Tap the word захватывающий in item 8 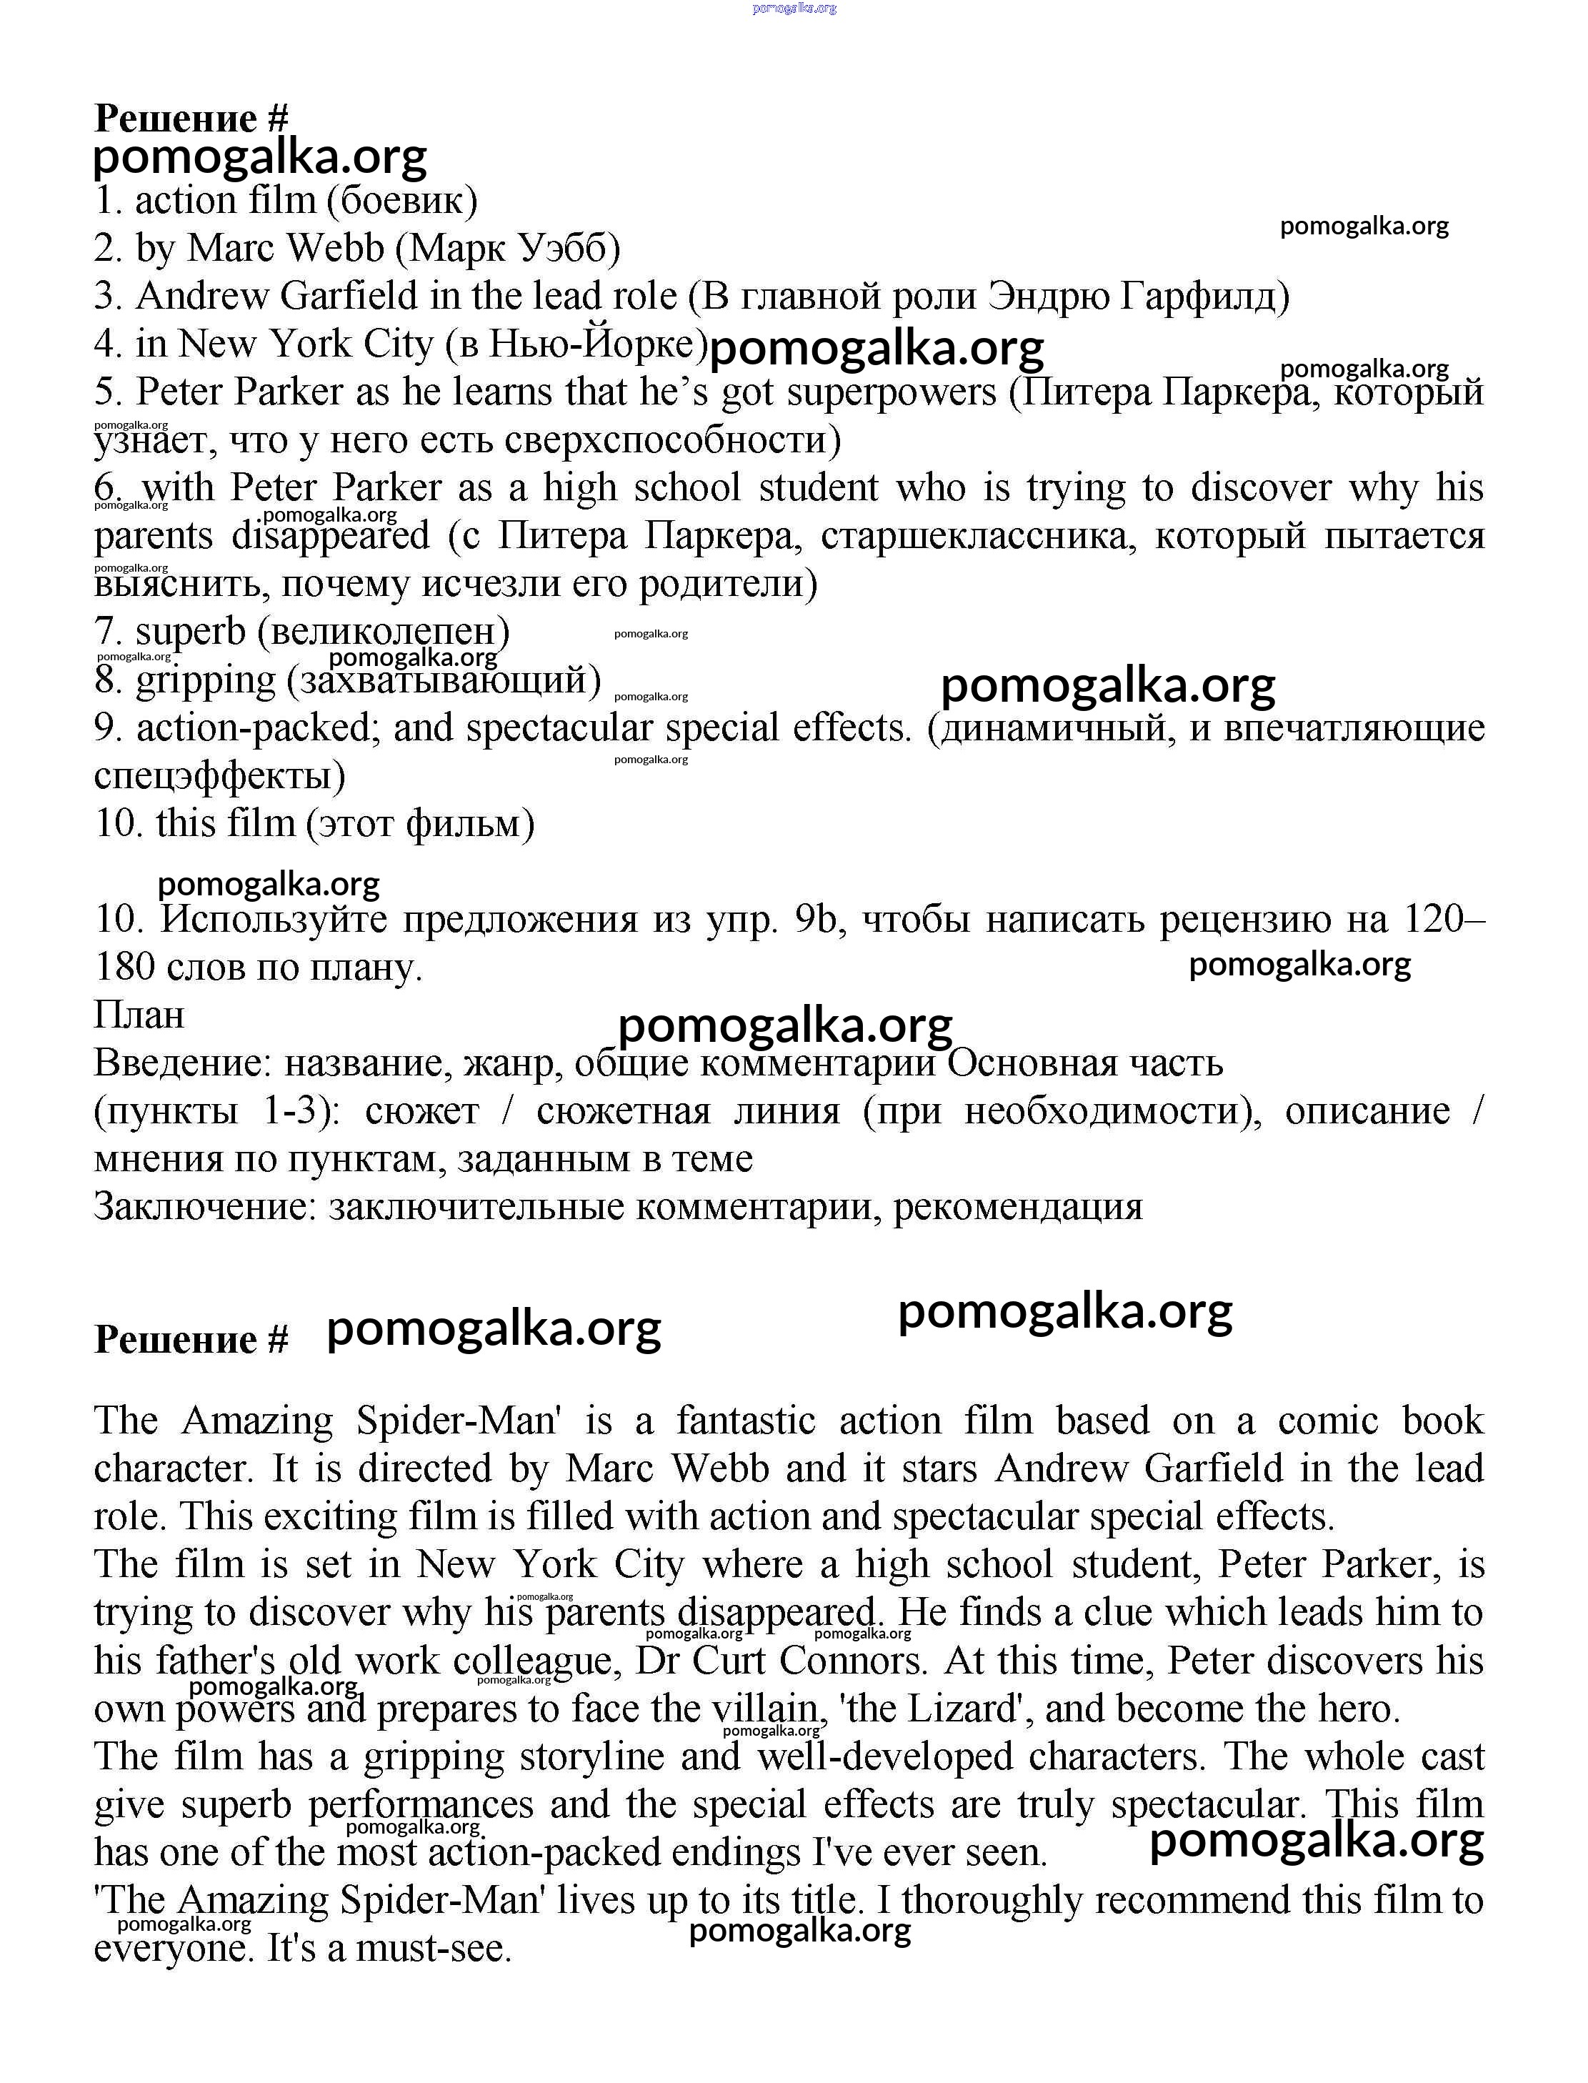point(444,680)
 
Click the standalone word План point(139,1015)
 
